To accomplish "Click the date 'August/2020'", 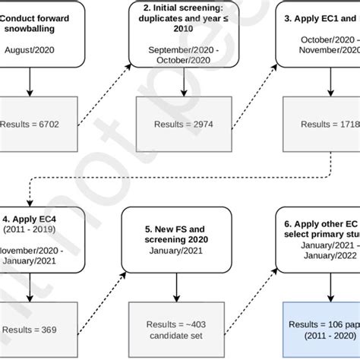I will click(29, 51).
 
